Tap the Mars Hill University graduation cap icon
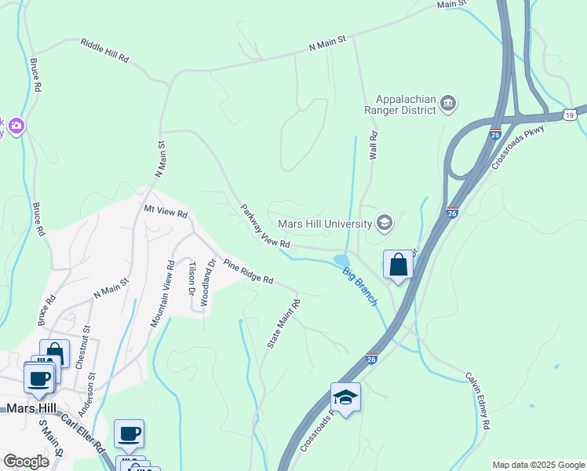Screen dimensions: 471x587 pyautogui.click(x=384, y=224)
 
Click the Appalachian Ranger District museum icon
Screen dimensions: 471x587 pyautogui.click(x=448, y=103)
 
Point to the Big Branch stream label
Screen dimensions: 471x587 pyautogui.click(x=360, y=287)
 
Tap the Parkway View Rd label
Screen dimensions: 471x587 pyautogui.click(x=265, y=228)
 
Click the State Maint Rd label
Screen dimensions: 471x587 pyautogui.click(x=284, y=323)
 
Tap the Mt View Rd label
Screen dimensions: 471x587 pyautogui.click(x=166, y=213)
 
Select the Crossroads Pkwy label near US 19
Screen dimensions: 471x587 pyautogui.click(x=517, y=147)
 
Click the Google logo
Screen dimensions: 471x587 pyautogui.click(x=26, y=462)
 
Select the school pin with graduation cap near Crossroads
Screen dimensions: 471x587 pyautogui.click(x=345, y=398)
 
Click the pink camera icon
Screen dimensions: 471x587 pyautogui.click(x=16, y=125)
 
